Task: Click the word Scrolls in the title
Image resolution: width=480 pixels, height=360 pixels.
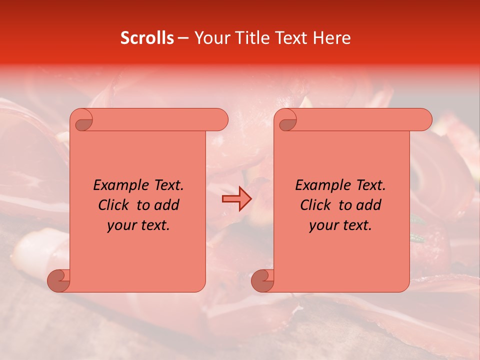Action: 147,38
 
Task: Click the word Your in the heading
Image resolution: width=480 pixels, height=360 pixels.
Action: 210,38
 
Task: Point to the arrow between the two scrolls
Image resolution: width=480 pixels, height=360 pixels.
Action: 236,199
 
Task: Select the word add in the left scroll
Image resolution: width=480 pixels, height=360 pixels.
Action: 167,205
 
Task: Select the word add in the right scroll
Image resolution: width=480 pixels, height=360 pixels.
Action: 369,205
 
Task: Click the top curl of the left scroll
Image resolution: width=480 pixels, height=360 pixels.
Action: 82,120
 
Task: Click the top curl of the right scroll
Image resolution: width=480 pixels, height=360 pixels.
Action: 286,120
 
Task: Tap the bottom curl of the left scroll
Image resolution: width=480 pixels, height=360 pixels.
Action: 58,280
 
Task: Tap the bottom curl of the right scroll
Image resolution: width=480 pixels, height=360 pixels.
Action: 262,280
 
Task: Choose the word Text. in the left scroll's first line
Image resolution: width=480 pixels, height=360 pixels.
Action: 167,185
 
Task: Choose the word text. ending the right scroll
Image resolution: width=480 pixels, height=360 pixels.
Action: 357,225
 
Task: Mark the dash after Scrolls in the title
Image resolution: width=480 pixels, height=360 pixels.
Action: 183,38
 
